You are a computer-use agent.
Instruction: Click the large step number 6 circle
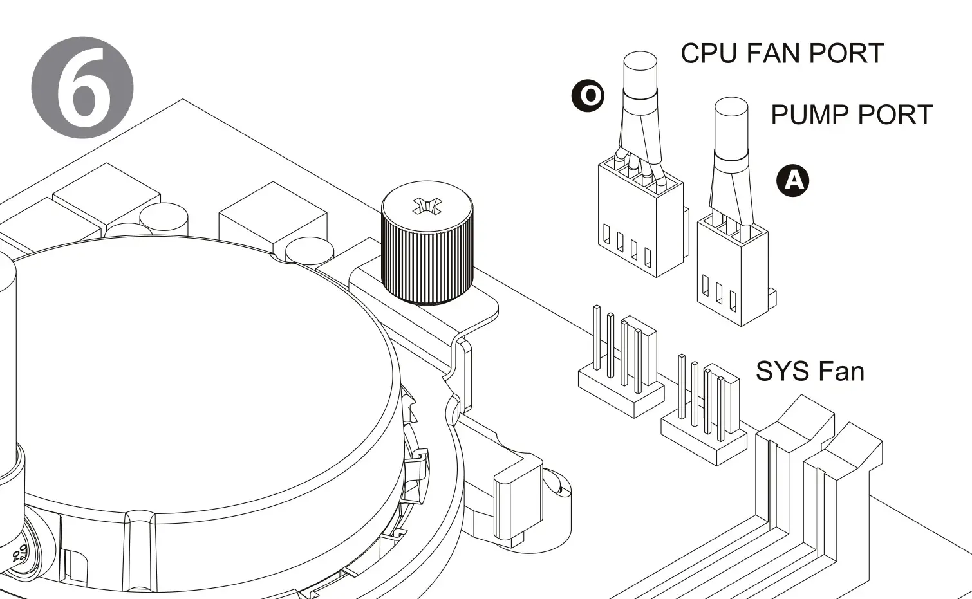(82, 88)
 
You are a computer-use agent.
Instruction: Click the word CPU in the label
(708, 53)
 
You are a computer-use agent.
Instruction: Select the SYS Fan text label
(809, 371)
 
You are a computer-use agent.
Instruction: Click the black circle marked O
(588, 96)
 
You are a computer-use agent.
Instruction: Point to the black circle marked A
(792, 180)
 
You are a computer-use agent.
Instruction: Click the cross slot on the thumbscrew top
(427, 206)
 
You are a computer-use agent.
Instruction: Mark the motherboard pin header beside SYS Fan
(704, 418)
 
